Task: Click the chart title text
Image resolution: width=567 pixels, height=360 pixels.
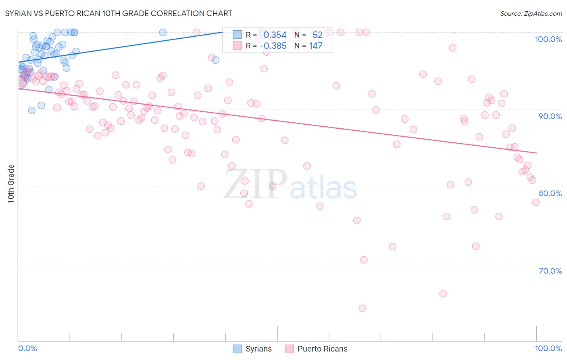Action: point(119,13)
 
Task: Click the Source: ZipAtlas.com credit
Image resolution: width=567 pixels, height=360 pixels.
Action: point(531,13)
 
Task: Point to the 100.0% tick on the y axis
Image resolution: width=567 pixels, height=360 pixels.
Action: point(548,39)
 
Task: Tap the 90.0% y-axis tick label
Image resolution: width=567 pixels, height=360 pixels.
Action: point(550,116)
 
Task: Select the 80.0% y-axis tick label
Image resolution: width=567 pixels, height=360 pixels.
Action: point(550,193)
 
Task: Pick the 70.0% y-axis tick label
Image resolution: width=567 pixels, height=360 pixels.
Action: point(550,271)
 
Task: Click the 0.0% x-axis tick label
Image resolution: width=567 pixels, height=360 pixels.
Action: point(27,348)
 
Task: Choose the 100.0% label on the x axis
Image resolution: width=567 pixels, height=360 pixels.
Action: point(548,348)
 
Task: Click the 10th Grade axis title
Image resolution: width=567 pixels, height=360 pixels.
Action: point(11,184)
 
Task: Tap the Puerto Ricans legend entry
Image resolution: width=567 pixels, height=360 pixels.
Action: point(317,349)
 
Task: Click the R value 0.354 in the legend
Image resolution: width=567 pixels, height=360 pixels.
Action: point(275,35)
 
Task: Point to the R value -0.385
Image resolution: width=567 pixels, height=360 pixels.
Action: point(273,46)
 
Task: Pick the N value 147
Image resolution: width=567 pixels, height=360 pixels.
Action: point(316,46)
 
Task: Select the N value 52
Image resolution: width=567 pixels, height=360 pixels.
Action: point(317,35)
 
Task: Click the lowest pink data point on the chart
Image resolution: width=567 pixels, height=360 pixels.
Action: point(362,308)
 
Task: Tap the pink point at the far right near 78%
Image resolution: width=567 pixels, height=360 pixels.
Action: point(536,202)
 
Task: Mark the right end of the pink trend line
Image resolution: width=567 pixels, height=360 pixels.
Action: point(536,153)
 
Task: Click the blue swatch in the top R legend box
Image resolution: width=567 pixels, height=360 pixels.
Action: point(237,35)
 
